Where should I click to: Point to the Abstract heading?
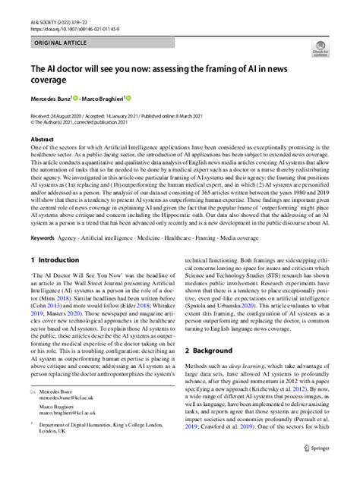click(42, 140)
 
